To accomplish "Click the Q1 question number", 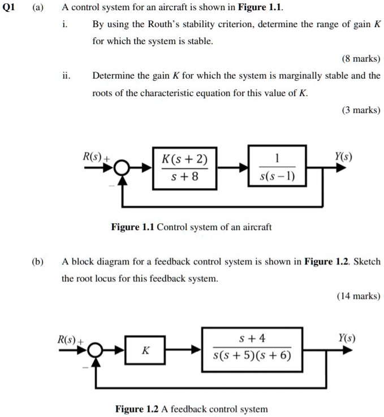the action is pos(10,8).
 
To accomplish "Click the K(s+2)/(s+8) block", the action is pos(184,167).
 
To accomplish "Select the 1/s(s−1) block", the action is pos(277,167).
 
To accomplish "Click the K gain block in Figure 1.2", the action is pos(145,350).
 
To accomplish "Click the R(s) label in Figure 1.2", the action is pos(68,339).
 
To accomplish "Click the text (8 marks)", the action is pos(361,59).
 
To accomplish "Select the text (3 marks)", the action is pos(361,110).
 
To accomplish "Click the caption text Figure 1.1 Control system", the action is pos(191,227).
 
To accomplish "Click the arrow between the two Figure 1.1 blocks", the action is pos(232,168).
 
